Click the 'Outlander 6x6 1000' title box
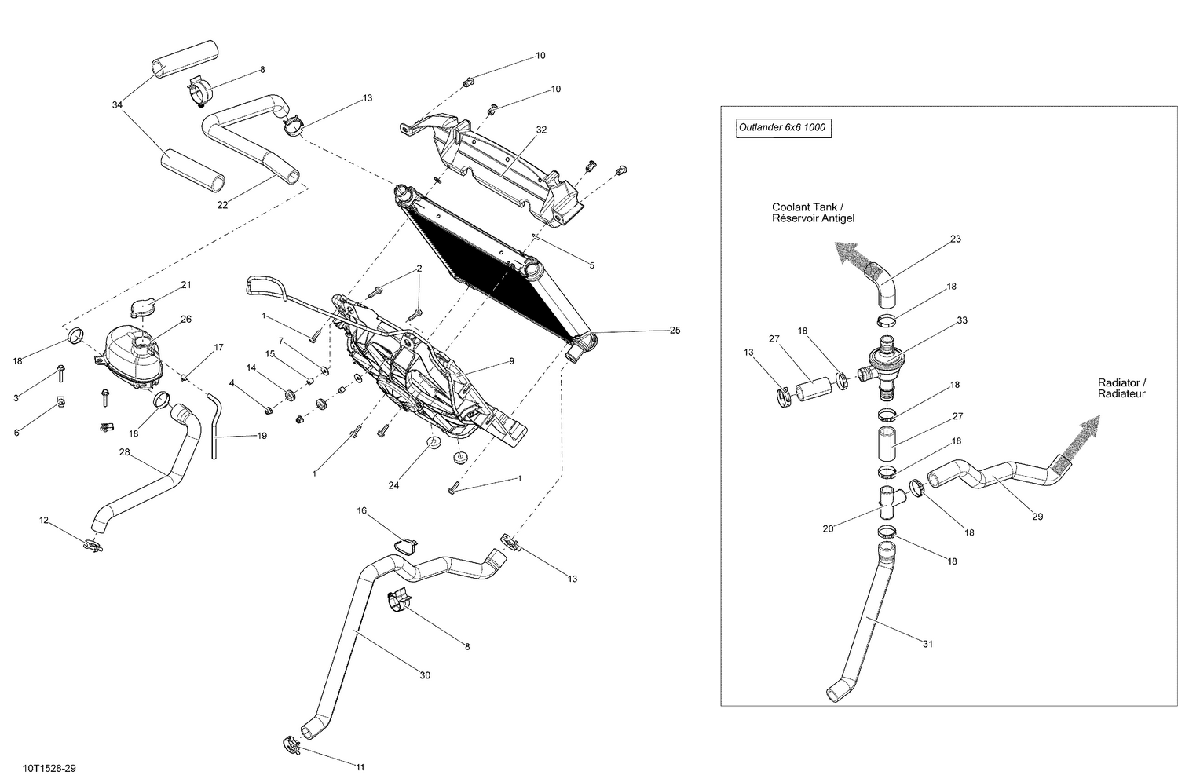[x=783, y=127]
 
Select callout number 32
[x=541, y=130]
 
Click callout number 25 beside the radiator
[x=675, y=331]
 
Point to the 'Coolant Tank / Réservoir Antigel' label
[x=813, y=213]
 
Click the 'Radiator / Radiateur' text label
[x=1121, y=388]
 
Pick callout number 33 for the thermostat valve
[x=961, y=320]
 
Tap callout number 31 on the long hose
[x=927, y=644]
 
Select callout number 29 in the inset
[x=1037, y=517]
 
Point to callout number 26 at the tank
[x=186, y=320]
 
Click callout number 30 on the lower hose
[x=425, y=675]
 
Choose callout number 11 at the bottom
[x=360, y=767]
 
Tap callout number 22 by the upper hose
[x=222, y=206]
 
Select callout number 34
[x=118, y=104]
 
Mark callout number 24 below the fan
[x=393, y=485]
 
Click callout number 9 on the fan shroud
[x=511, y=361]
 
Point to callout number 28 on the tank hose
[x=124, y=452]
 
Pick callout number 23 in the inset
[x=955, y=239]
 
